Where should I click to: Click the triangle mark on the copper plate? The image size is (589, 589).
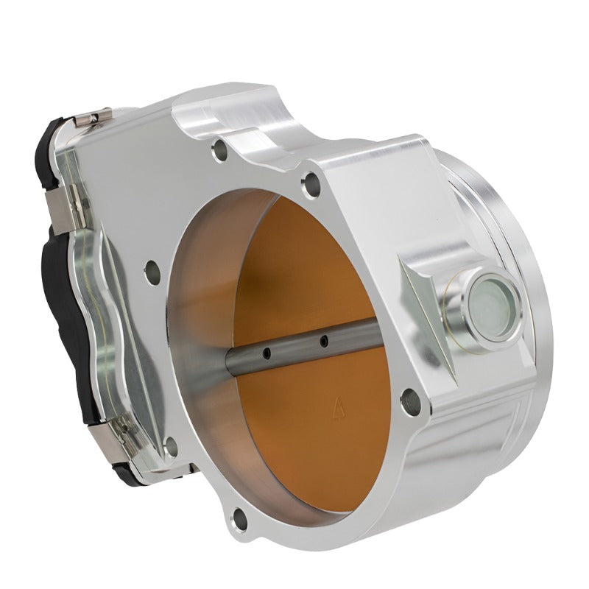[x=340, y=403]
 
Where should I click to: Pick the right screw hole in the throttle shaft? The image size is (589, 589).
[x=322, y=340]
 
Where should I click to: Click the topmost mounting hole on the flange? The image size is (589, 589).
[x=218, y=152]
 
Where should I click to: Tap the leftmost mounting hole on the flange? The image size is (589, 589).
[x=153, y=269]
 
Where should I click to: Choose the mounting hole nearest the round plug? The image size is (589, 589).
[x=409, y=401]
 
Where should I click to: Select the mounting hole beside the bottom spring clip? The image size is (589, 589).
[x=172, y=445]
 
